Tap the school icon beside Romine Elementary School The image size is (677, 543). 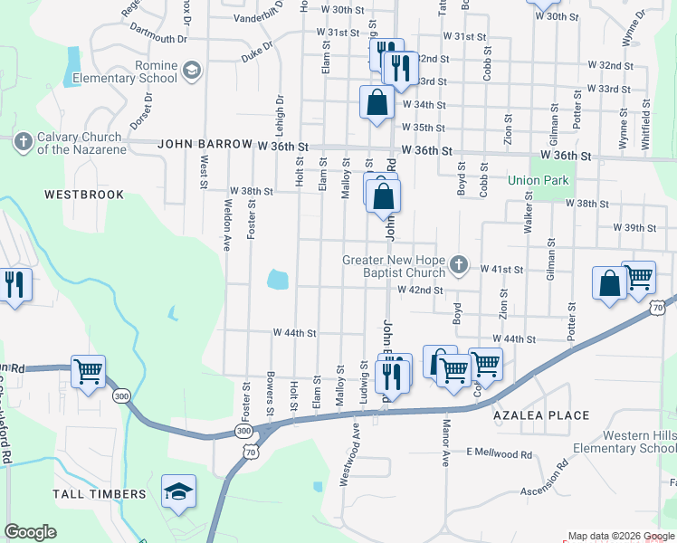coord(191,71)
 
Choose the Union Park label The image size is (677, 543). coord(538,180)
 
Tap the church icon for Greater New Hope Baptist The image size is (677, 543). coord(459,264)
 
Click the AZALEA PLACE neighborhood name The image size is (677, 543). coord(541,415)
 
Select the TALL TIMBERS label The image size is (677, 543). coord(100,493)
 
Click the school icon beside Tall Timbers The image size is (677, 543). coord(178,491)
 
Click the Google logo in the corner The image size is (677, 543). coord(30,532)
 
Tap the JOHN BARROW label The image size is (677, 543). coord(204,144)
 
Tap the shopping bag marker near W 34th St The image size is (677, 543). coord(377,102)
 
